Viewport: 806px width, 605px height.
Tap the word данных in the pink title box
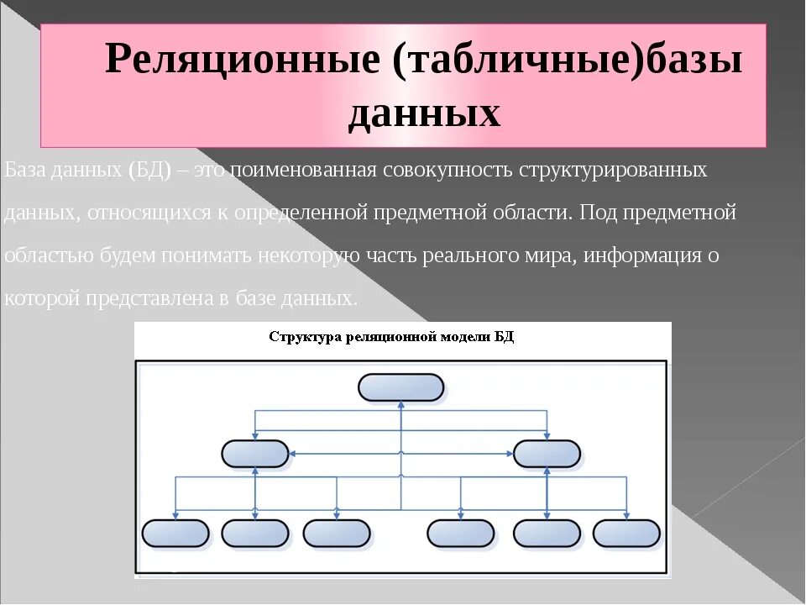424,114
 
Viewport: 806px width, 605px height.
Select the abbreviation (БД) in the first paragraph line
150,171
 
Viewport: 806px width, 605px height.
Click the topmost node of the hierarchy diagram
401,387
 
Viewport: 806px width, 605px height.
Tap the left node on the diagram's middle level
255,454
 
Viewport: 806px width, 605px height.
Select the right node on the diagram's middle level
547,454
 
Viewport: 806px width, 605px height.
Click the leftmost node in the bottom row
175,533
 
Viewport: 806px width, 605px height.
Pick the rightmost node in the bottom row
626,533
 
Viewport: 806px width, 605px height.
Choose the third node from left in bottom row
337,533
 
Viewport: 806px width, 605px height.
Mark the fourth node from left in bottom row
461,533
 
